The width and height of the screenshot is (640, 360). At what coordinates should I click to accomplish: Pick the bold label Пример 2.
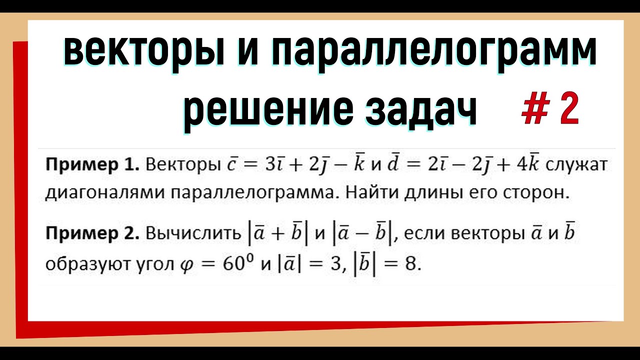(92, 233)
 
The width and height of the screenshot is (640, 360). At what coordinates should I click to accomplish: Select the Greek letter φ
(184, 265)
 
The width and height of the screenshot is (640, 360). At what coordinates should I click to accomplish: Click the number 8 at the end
(410, 264)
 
